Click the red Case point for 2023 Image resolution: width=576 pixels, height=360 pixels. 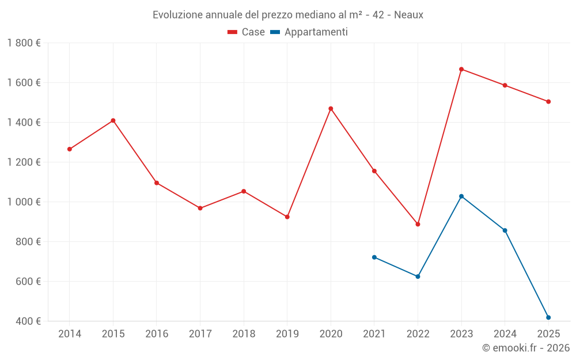pyautogui.click(x=461, y=69)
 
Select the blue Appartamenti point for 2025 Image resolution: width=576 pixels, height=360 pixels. pyautogui.click(x=548, y=317)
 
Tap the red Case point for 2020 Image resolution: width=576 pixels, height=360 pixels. pyautogui.click(x=331, y=108)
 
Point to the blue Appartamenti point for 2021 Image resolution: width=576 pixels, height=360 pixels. pyautogui.click(x=374, y=257)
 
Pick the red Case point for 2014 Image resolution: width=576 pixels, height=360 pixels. pyautogui.click(x=70, y=149)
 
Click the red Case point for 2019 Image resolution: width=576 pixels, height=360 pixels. pyautogui.click(x=287, y=217)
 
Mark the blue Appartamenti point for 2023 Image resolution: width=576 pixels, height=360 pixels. pyautogui.click(x=461, y=196)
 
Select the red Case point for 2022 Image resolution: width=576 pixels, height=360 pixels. pyautogui.click(x=418, y=224)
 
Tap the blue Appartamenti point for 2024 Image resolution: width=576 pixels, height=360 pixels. pyautogui.click(x=505, y=230)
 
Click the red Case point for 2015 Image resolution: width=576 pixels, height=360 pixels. pyautogui.click(x=113, y=120)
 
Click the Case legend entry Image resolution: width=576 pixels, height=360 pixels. pyautogui.click(x=247, y=32)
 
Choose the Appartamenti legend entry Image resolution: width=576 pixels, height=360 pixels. pyautogui.click(x=309, y=32)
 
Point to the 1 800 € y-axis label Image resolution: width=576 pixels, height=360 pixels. pyautogui.click(x=24, y=43)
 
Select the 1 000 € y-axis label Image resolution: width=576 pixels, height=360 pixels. pyautogui.click(x=24, y=202)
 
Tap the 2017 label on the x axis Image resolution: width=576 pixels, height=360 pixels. pyautogui.click(x=200, y=334)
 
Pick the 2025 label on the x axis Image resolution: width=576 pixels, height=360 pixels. pyautogui.click(x=548, y=334)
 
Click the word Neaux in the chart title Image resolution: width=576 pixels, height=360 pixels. pyautogui.click(x=409, y=15)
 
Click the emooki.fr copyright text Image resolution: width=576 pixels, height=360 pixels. pyautogui.click(x=526, y=348)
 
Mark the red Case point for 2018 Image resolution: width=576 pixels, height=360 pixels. pyautogui.click(x=244, y=191)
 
